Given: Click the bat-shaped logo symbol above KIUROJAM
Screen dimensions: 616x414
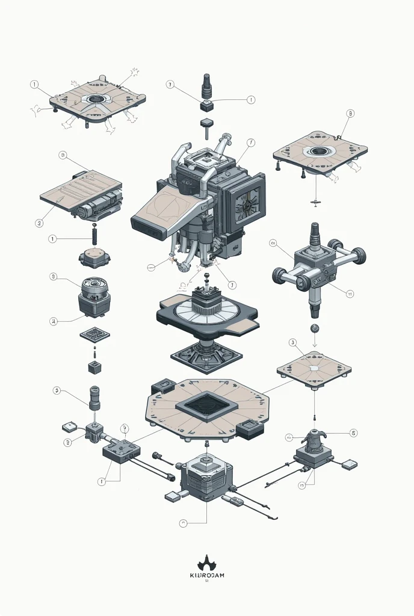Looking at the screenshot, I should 206,564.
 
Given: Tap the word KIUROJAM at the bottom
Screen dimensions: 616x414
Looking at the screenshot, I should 206,575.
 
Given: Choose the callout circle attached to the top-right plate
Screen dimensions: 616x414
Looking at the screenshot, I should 351,113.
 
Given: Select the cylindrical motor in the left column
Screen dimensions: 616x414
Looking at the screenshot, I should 94,293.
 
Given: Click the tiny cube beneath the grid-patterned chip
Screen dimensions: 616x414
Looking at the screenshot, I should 94,367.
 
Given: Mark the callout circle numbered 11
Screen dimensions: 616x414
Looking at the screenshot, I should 350,294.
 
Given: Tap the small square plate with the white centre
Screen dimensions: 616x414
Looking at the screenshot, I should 314,369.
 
